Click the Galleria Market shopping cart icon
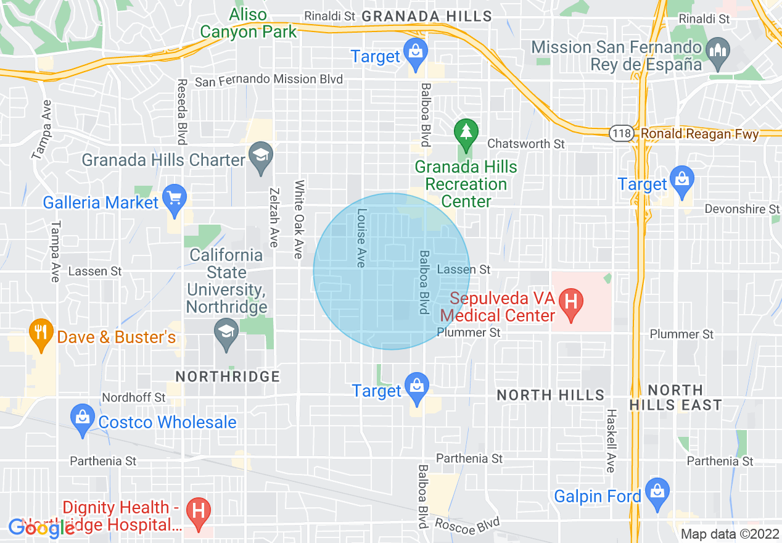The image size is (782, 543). point(175,199)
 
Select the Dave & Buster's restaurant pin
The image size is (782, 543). point(41,334)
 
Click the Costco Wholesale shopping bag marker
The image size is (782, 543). point(83,419)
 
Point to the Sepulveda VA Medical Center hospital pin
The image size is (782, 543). point(571,304)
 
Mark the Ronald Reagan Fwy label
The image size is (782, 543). point(699,133)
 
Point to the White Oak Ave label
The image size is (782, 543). point(299,219)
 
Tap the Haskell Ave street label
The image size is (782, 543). point(611,441)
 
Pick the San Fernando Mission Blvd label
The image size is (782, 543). point(268,80)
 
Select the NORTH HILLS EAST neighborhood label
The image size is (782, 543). point(675,397)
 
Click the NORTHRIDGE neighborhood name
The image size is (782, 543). point(228,376)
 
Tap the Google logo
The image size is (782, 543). point(42,528)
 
